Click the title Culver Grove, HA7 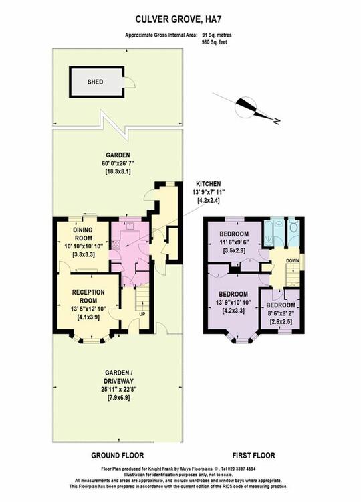[178, 19]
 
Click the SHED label [96, 82]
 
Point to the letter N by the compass [277, 121]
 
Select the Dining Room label [82, 234]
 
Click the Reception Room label [88, 297]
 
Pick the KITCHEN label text [208, 184]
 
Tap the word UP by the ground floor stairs [142, 314]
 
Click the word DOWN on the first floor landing [293, 260]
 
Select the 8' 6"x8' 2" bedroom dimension [281, 313]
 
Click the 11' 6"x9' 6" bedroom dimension [234, 242]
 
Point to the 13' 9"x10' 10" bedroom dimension [233, 303]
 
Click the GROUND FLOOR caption [118, 456]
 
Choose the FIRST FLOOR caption [253, 456]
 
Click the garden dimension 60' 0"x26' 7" [118, 163]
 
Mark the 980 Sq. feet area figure [215, 42]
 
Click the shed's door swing [130, 82]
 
